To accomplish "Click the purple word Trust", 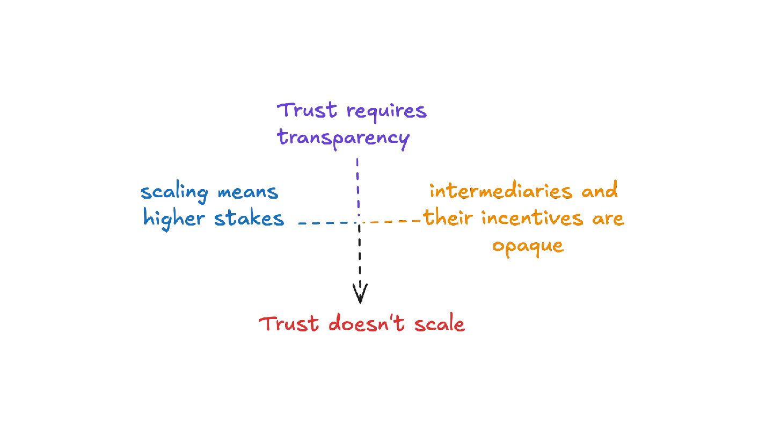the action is click(308, 111).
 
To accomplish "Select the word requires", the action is click(386, 112).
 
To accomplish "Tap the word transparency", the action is click(344, 138).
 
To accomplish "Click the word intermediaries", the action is click(502, 191).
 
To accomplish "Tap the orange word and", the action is click(600, 191).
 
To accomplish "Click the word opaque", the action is click(528, 247).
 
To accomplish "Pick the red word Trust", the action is click(289, 324).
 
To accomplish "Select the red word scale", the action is click(438, 324).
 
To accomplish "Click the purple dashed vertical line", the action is click(358, 188).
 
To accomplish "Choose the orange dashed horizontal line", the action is click(393, 221).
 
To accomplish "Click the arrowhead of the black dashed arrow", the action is click(360, 294).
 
